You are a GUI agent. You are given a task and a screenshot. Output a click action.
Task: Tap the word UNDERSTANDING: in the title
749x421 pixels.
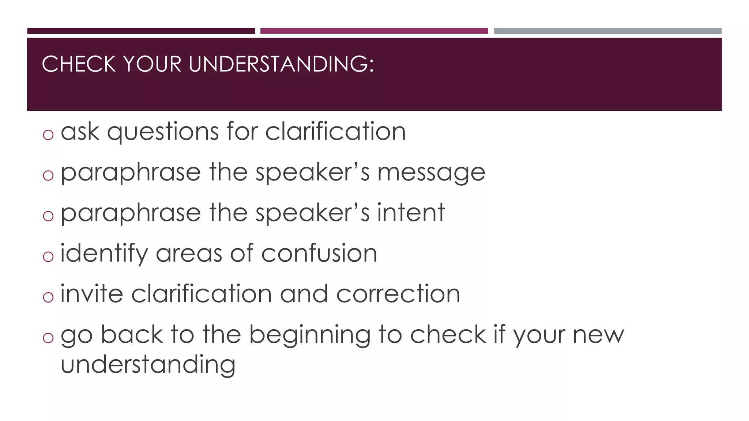click(281, 64)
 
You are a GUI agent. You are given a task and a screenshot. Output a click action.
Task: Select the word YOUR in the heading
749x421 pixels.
click(152, 64)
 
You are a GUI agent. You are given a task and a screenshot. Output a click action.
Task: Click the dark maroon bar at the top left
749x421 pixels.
click(141, 31)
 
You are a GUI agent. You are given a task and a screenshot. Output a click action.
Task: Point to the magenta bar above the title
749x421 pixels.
click(374, 31)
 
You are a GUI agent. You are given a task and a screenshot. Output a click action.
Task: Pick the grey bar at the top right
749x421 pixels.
click(607, 31)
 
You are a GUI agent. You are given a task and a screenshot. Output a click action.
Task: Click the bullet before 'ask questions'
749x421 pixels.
click(48, 135)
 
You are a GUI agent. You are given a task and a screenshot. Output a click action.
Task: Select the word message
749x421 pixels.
click(431, 172)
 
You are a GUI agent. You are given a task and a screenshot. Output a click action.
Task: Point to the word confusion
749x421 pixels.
click(319, 253)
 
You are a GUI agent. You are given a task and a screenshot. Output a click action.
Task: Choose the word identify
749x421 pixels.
click(104, 254)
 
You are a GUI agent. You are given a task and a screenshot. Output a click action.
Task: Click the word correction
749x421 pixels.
click(398, 294)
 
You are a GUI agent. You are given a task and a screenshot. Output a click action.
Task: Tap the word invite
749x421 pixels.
click(91, 294)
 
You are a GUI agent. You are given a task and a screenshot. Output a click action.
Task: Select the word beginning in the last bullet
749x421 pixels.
click(309, 335)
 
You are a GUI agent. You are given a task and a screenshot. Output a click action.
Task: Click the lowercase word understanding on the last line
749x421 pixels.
click(148, 365)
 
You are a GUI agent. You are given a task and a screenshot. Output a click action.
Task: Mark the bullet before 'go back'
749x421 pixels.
click(48, 338)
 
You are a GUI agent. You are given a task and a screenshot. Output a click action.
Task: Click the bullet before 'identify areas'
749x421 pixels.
click(48, 257)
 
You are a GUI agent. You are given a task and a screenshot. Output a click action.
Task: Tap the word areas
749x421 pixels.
click(189, 254)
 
